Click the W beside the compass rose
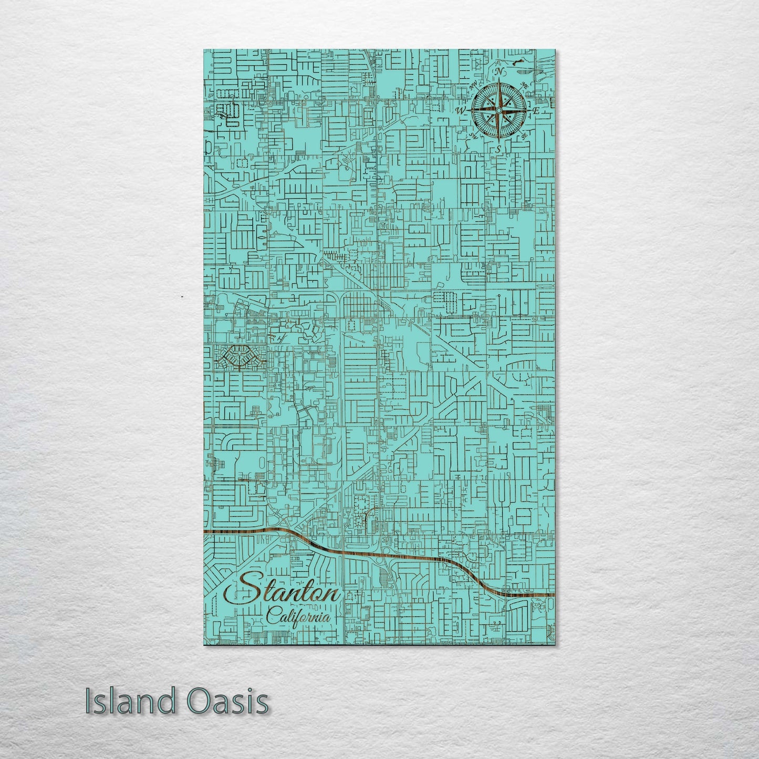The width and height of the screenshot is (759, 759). coord(461,110)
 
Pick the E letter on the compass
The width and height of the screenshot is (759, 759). coord(536,111)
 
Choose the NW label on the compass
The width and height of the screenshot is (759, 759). coord(474,85)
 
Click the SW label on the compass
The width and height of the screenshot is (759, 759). coord(473,136)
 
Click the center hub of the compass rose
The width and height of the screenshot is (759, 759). coord(498,110)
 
